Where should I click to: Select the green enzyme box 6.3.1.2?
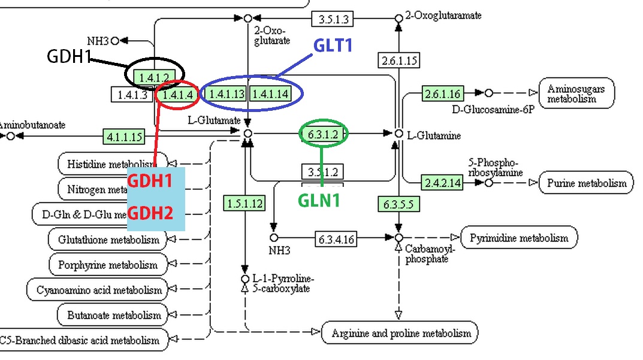[x=323, y=133]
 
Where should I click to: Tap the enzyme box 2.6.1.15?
[x=398, y=60]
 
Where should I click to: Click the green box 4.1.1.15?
[x=124, y=137]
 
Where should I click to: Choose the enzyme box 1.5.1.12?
[x=244, y=203]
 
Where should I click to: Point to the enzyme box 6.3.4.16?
[x=336, y=239]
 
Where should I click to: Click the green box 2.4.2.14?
[x=443, y=183]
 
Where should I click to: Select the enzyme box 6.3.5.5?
[x=399, y=204]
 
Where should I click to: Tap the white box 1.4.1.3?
[x=132, y=94]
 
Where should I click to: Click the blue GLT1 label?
[x=333, y=46]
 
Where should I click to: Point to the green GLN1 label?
[x=320, y=201]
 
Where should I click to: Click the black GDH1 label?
[x=69, y=56]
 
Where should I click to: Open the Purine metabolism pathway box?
[x=587, y=183]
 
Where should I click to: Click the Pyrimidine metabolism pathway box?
[x=518, y=238]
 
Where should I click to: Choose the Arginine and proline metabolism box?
[x=401, y=333]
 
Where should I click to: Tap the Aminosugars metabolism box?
[x=576, y=93]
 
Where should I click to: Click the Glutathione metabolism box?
[x=108, y=240]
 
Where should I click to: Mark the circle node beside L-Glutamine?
[x=399, y=133]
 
